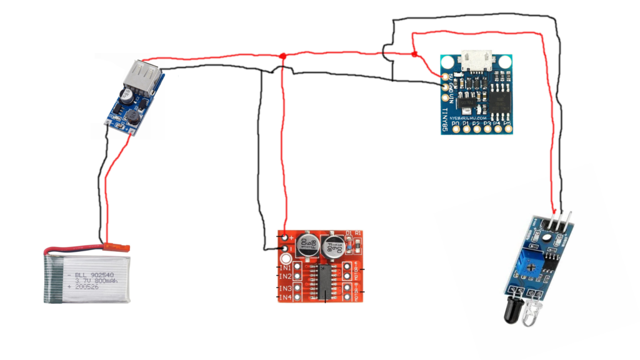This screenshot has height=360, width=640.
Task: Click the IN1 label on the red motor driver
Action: tap(285, 267)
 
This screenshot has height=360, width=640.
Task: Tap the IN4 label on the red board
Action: tap(285, 297)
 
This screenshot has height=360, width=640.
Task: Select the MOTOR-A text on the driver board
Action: tap(358, 270)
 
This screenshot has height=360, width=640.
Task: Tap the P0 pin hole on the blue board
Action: tap(454, 131)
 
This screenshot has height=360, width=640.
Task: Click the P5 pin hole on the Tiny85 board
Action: tap(507, 131)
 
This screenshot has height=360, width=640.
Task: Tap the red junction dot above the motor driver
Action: tap(283, 57)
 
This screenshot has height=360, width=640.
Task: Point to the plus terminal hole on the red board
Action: tap(286, 238)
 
